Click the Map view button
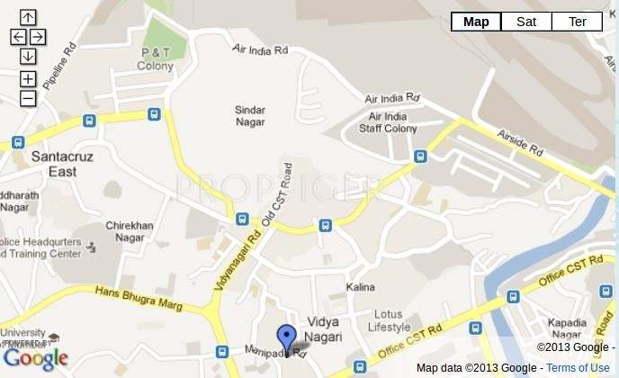click(x=476, y=22)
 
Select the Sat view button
click(x=526, y=22)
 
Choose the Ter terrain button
click(x=577, y=22)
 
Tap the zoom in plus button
click(x=28, y=78)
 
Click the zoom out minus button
click(x=28, y=98)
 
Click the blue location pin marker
click(x=286, y=338)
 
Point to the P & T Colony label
click(x=156, y=59)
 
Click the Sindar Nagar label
click(x=250, y=116)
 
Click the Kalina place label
click(x=360, y=286)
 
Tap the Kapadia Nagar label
click(x=568, y=328)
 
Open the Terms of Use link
click(x=578, y=367)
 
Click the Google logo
click(x=35, y=359)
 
